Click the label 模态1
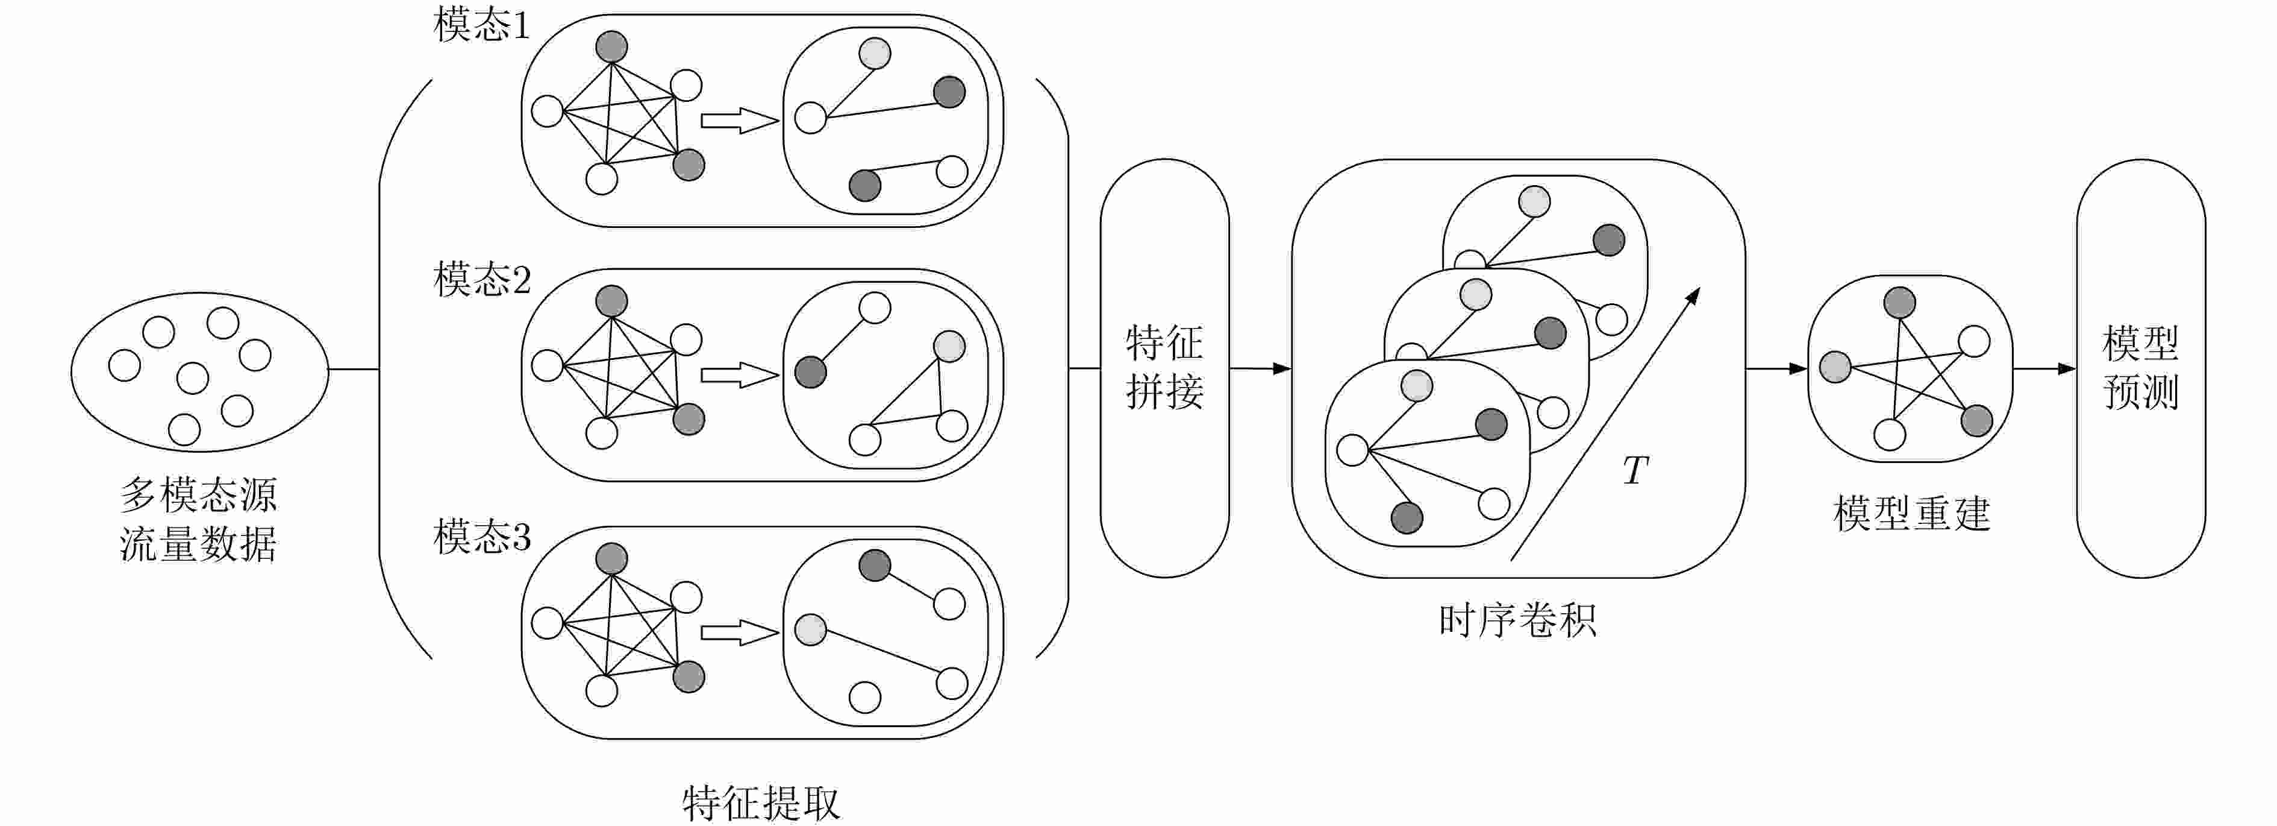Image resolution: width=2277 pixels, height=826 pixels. point(482,25)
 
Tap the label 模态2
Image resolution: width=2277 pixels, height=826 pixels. point(482,280)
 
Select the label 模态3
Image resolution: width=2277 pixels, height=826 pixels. point(482,536)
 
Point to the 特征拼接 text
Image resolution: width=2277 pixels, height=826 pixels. point(1164,367)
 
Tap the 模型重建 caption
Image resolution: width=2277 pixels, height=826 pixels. point(1911,514)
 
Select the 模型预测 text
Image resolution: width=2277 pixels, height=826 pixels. point(2140,367)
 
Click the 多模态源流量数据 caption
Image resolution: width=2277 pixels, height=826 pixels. point(199,519)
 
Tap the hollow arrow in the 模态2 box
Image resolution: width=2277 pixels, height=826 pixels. point(739,375)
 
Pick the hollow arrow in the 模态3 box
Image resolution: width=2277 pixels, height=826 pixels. point(739,632)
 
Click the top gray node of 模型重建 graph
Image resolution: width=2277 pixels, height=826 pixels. point(1899,303)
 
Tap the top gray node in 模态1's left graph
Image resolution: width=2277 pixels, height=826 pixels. point(611,47)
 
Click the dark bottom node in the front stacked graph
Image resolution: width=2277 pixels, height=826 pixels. point(1407,517)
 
